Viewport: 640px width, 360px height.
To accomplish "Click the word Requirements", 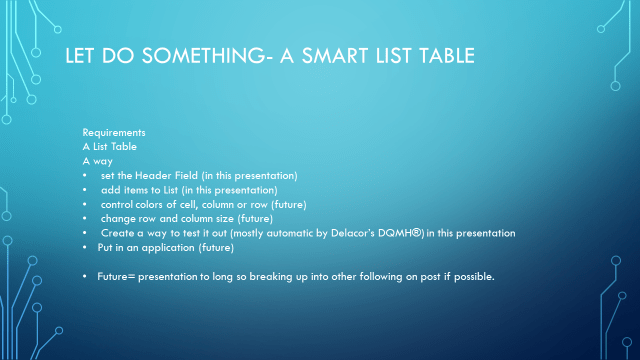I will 114,133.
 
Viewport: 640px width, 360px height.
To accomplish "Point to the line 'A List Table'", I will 109,147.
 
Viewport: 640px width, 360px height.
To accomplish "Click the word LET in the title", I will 79,56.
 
